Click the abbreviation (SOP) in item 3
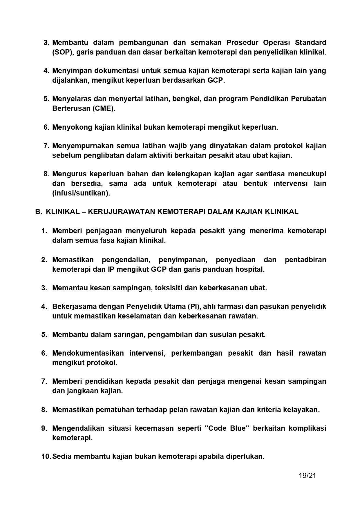(x=62, y=52)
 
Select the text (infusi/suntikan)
(x=81, y=193)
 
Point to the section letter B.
(x=37, y=212)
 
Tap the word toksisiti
(x=169, y=288)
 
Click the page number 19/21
(x=307, y=475)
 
